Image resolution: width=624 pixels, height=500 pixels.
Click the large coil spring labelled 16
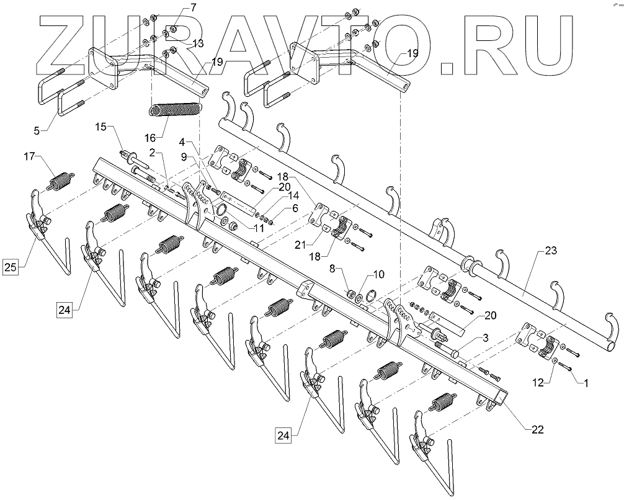coord(176,110)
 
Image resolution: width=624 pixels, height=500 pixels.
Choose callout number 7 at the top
coord(176,7)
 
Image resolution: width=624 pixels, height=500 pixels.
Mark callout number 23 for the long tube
coord(551,251)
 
